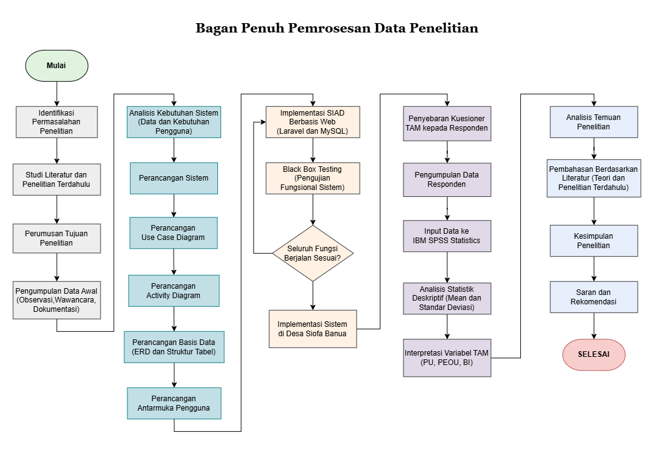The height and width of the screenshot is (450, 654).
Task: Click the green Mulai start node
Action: pos(57,66)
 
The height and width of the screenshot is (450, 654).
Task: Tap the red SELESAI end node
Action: pos(594,354)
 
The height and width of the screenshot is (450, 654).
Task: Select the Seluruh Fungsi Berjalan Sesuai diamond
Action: pos(313,253)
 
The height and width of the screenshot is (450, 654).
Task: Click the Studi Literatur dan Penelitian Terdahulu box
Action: pos(57,179)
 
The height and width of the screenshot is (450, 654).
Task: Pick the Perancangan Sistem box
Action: pos(174,178)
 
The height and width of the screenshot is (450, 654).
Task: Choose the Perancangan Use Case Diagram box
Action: pos(174,233)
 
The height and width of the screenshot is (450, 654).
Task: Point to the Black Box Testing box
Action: pos(313,178)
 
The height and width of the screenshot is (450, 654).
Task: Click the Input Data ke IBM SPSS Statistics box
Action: pos(447,236)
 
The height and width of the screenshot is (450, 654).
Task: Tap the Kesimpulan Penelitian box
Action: pos(594,241)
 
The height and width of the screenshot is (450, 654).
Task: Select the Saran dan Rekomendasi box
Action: pos(594,297)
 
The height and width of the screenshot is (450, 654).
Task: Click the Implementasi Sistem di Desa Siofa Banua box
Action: pos(313,329)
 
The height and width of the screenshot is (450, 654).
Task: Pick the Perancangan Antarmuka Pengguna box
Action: pos(174,403)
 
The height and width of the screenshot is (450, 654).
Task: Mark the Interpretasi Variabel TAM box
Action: pos(447,357)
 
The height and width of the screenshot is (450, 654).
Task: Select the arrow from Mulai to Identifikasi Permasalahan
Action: pos(57,94)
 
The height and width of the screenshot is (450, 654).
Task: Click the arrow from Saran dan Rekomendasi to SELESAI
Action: pos(594,326)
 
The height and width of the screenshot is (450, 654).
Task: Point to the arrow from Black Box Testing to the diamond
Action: pos(313,209)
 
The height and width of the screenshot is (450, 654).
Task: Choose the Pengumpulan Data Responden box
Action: pos(447,179)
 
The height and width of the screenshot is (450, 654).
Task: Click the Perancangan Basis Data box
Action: pos(174,347)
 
